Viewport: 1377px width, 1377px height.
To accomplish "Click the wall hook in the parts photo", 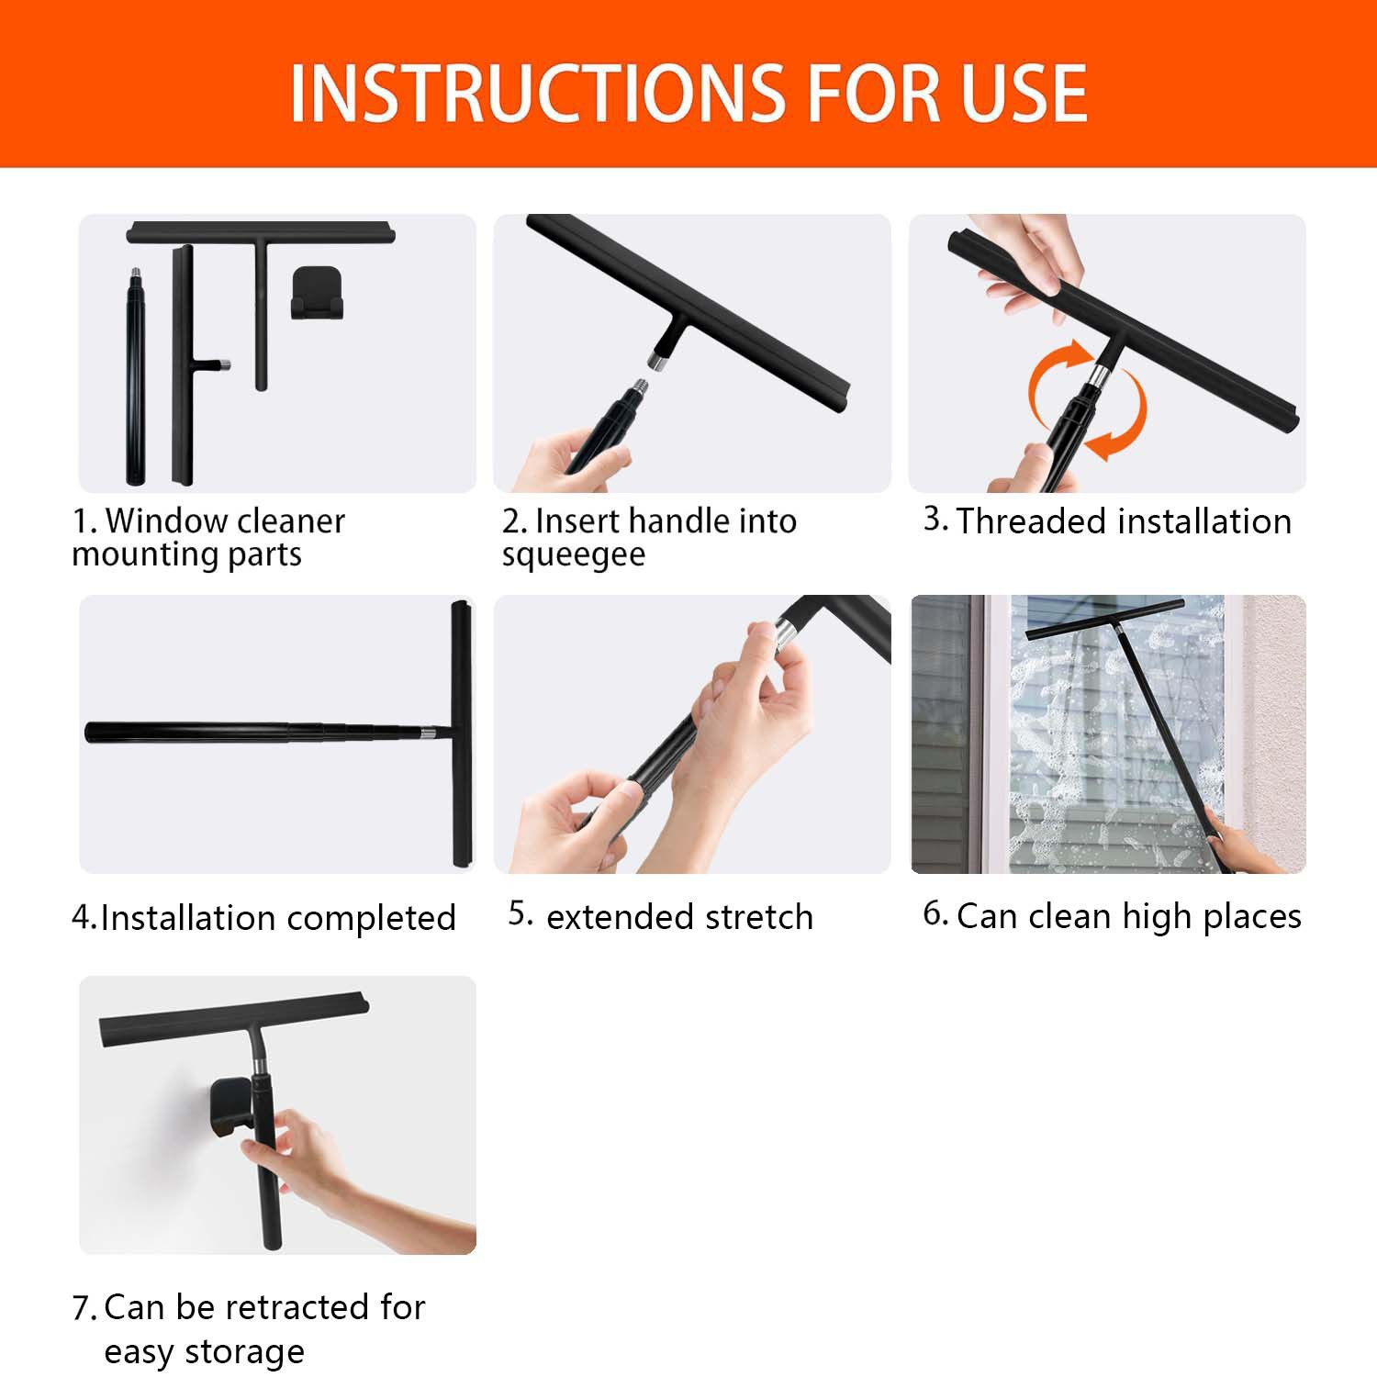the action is pos(317,294).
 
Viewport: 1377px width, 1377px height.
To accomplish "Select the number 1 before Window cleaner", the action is pos(84,521).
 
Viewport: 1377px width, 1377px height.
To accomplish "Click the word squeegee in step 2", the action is pos(574,555).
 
